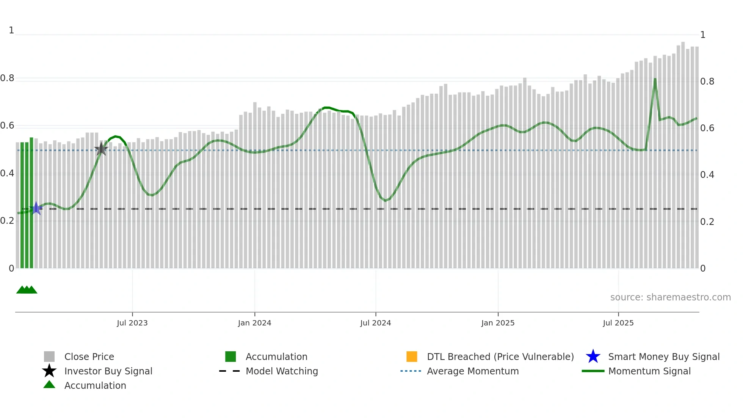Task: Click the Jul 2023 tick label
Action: click(132, 323)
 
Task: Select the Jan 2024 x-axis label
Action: click(254, 323)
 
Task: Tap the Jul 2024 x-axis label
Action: click(375, 323)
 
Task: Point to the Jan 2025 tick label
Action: click(498, 323)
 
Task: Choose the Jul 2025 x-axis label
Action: click(618, 323)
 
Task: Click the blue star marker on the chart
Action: click(36, 208)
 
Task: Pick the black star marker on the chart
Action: click(101, 149)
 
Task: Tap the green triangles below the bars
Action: click(27, 290)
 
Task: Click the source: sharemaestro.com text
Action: click(670, 297)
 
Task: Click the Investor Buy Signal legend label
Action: click(108, 371)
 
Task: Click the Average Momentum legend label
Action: click(473, 371)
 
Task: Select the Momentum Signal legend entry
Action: click(649, 371)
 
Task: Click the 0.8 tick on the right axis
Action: click(707, 82)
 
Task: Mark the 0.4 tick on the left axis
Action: click(7, 173)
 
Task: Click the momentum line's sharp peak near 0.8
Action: click(655, 79)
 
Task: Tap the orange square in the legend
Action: click(412, 357)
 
